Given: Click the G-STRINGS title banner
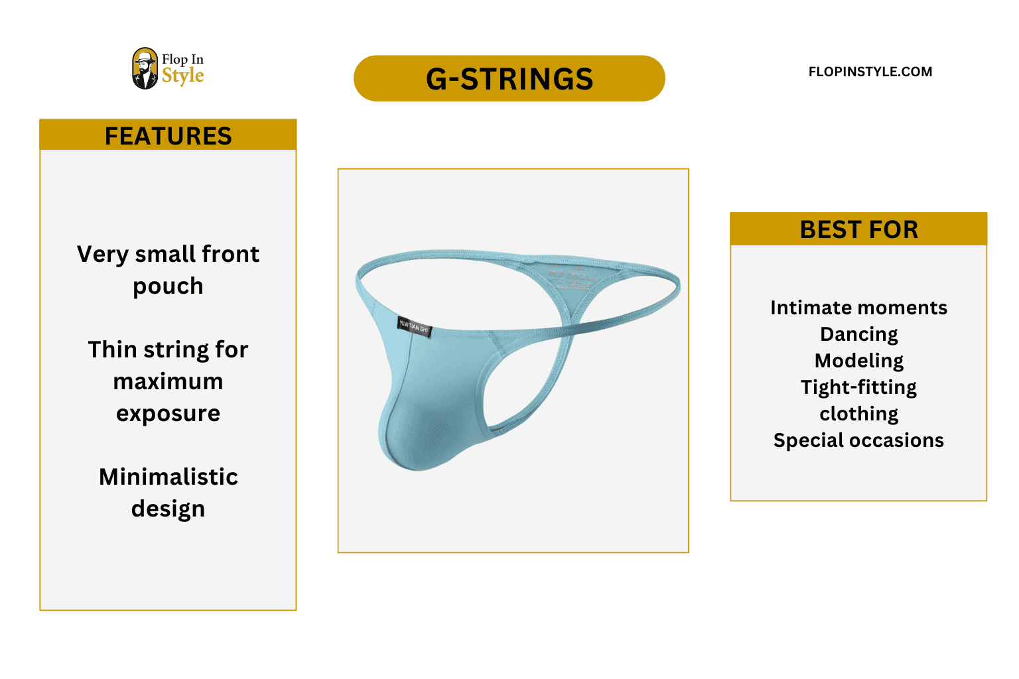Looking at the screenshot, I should click(509, 78).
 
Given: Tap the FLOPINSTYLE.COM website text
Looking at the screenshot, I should click(870, 72).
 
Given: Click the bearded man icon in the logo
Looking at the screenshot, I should click(145, 69).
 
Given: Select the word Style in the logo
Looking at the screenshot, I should click(182, 76).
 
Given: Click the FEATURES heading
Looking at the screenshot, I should click(168, 136).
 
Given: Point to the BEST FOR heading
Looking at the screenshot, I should click(858, 229).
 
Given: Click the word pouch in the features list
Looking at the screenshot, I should click(168, 286).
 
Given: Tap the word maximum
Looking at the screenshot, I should click(168, 381).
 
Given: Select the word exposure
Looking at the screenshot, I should click(168, 413).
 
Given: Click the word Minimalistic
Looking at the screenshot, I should click(168, 477).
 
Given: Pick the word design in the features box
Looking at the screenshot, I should click(168, 509).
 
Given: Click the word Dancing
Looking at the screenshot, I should click(858, 334).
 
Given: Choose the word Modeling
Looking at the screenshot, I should click(858, 361).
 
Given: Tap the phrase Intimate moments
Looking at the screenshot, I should click(858, 308).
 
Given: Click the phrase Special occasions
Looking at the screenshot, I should click(858, 440).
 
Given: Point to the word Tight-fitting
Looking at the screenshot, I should click(858, 387).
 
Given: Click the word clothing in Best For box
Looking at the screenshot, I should click(858, 414).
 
